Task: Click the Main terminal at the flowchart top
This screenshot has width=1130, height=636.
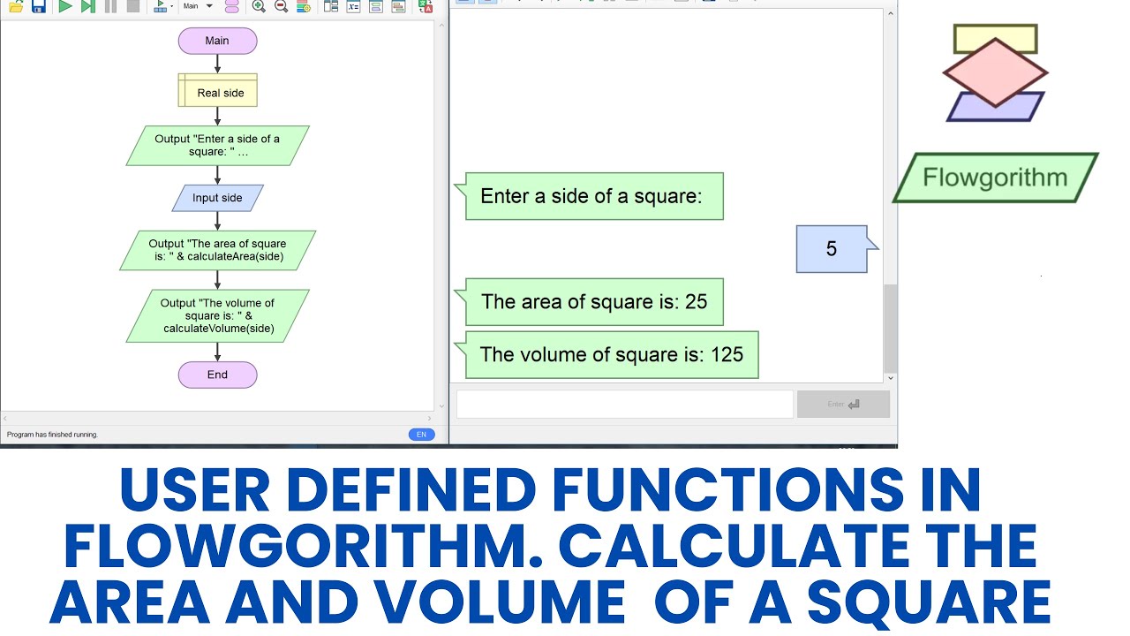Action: pyautogui.click(x=217, y=41)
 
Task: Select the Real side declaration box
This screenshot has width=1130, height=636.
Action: pyautogui.click(x=218, y=91)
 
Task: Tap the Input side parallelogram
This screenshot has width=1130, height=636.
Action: pyautogui.click(x=217, y=198)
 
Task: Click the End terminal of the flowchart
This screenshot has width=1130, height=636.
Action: pyautogui.click(x=217, y=375)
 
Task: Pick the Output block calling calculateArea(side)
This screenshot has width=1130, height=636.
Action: pyautogui.click(x=217, y=250)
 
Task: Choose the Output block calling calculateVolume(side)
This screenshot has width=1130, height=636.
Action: pyautogui.click(x=218, y=315)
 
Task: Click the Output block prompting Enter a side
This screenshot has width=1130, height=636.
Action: pyautogui.click(x=217, y=146)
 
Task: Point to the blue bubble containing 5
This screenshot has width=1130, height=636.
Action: pyautogui.click(x=832, y=249)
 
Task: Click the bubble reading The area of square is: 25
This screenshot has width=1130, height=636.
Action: pyautogui.click(x=594, y=302)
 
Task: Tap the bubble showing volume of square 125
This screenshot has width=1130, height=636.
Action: pyautogui.click(x=611, y=355)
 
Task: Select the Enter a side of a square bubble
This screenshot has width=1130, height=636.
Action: pyautogui.click(x=592, y=196)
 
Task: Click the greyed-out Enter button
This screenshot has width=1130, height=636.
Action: pyautogui.click(x=843, y=405)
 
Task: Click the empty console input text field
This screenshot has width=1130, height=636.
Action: pyautogui.click(x=624, y=405)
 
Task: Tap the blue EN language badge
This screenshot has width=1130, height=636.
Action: pyautogui.click(x=421, y=435)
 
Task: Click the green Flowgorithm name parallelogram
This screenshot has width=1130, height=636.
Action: pyautogui.click(x=995, y=178)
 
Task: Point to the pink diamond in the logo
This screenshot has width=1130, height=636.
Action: pyautogui.click(x=995, y=72)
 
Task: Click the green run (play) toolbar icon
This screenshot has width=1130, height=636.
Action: pyautogui.click(x=65, y=6)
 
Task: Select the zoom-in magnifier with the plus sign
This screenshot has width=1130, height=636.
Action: pyautogui.click(x=259, y=6)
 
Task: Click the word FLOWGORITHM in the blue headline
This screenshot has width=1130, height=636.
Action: pyautogui.click(x=301, y=547)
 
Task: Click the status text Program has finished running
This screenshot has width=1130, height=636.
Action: pyautogui.click(x=53, y=435)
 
